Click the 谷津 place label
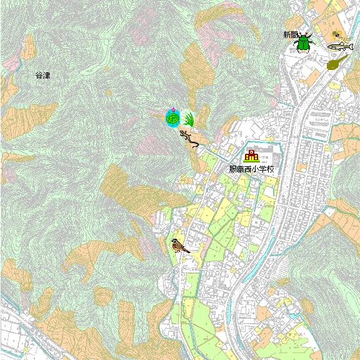pyautogui.click(x=42, y=75)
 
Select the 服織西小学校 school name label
pyautogui.click(x=252, y=169)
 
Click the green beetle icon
pyautogui.click(x=304, y=42)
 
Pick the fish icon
pyautogui.click(x=339, y=46)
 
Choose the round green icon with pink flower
pyautogui.click(x=172, y=117)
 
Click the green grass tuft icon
pyautogui.click(x=187, y=118)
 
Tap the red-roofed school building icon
pyautogui.click(x=251, y=156)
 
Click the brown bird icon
pyautogui.click(x=180, y=245)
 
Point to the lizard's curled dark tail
pyautogui.click(x=196, y=145)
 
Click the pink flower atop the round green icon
pyautogui.click(x=171, y=109)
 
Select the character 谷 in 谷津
pyautogui.click(x=39, y=75)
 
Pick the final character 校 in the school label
pyautogui.click(x=271, y=169)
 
